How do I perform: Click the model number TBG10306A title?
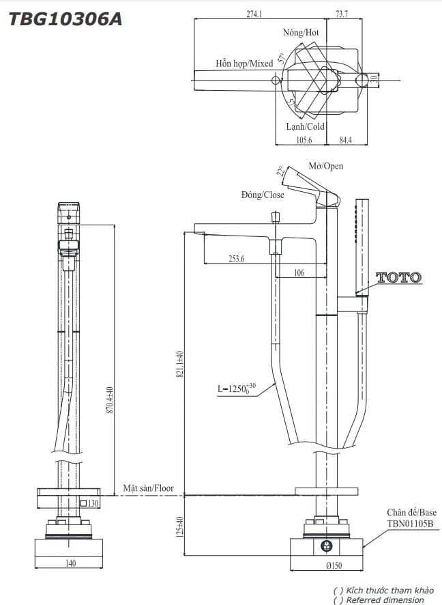click(65, 20)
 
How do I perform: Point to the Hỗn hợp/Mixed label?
click(244, 64)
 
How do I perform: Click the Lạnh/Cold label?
click(305, 126)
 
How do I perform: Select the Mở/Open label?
click(326, 166)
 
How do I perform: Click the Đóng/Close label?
click(263, 195)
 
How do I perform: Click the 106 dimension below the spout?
click(299, 272)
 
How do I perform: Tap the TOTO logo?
click(399, 278)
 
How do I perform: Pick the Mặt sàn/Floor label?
click(148, 489)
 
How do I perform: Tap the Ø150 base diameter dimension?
click(334, 565)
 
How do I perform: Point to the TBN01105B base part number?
click(410, 524)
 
